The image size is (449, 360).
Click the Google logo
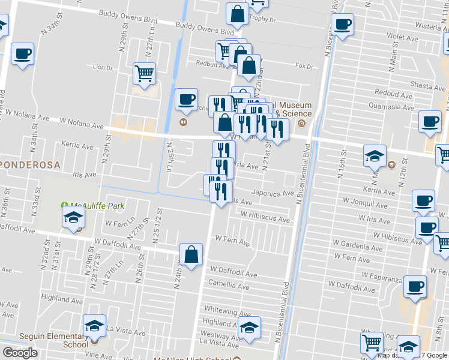(20, 353)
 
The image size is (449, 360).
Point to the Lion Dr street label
(103, 68)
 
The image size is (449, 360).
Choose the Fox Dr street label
(304, 66)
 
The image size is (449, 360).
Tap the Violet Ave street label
(402, 37)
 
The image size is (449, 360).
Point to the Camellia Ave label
(229, 282)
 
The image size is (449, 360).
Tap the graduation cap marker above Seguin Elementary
(94, 325)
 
